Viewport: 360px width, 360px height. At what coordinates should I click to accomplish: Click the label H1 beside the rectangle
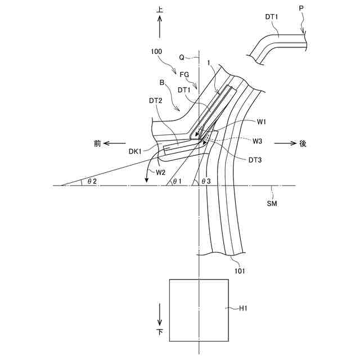tap(244, 308)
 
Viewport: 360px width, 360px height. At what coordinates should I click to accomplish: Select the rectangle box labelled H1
tap(199, 310)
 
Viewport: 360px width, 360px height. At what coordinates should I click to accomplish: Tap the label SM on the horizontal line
tap(272, 204)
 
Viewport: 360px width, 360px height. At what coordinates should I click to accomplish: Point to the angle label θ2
tap(92, 181)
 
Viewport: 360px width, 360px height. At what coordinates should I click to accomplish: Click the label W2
tap(160, 172)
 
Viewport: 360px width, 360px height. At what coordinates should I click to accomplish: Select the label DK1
tap(135, 151)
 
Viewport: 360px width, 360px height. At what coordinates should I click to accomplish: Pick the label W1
tap(262, 121)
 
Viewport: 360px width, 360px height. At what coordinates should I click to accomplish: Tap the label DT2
tap(156, 101)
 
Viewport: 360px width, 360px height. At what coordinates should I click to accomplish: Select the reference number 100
tap(156, 51)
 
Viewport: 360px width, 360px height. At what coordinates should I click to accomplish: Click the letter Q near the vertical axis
tap(182, 57)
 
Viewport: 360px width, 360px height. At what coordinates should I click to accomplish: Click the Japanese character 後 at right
tap(303, 143)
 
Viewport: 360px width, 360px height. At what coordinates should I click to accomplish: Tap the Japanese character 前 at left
tap(97, 143)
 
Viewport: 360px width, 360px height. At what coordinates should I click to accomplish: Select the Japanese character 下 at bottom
tap(160, 333)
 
